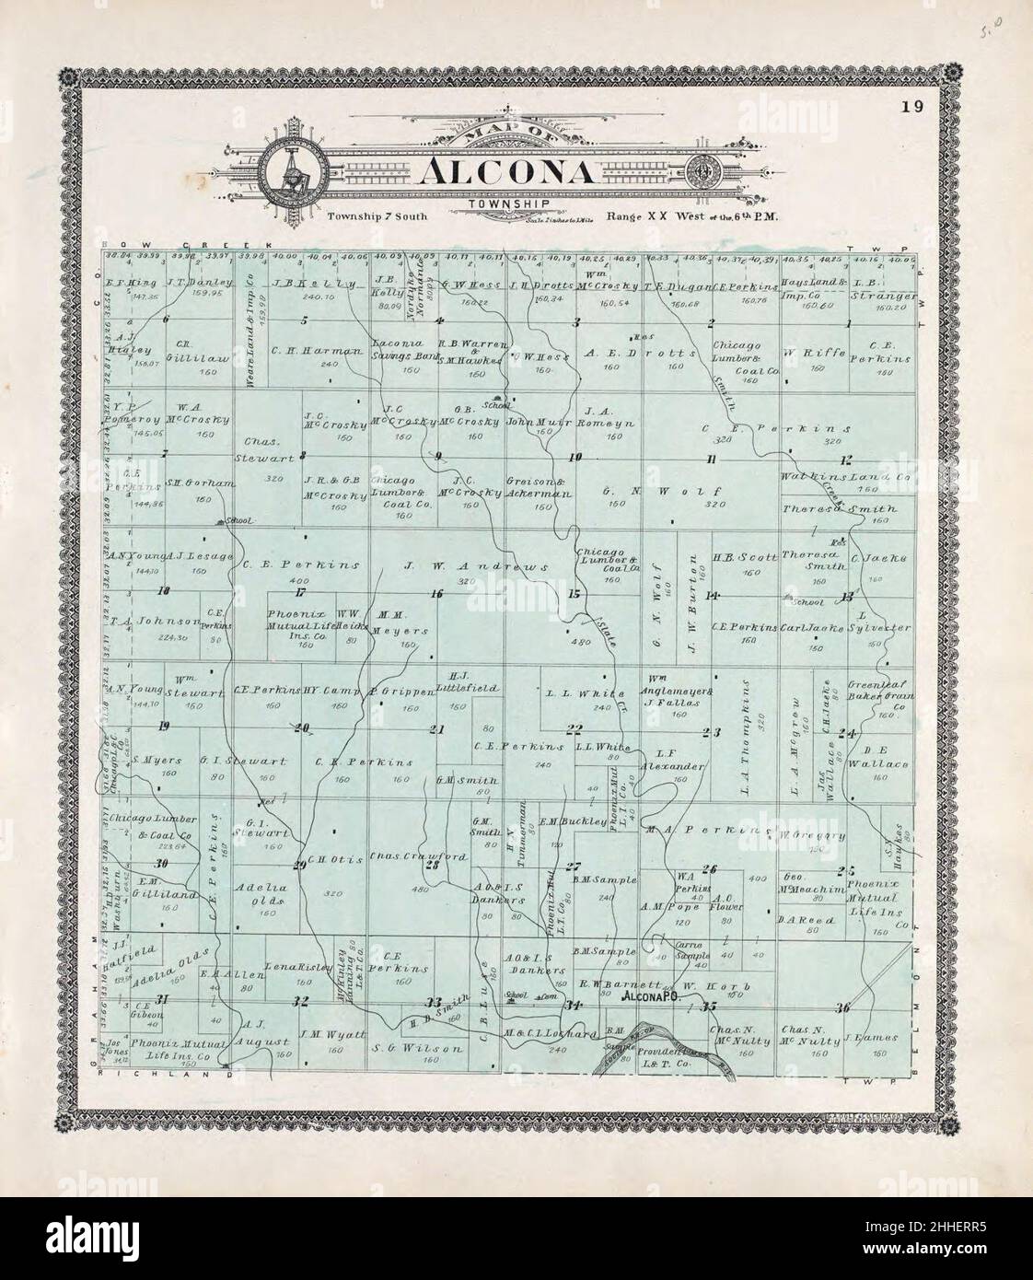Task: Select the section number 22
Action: (575, 729)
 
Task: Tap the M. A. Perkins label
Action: (708, 831)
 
